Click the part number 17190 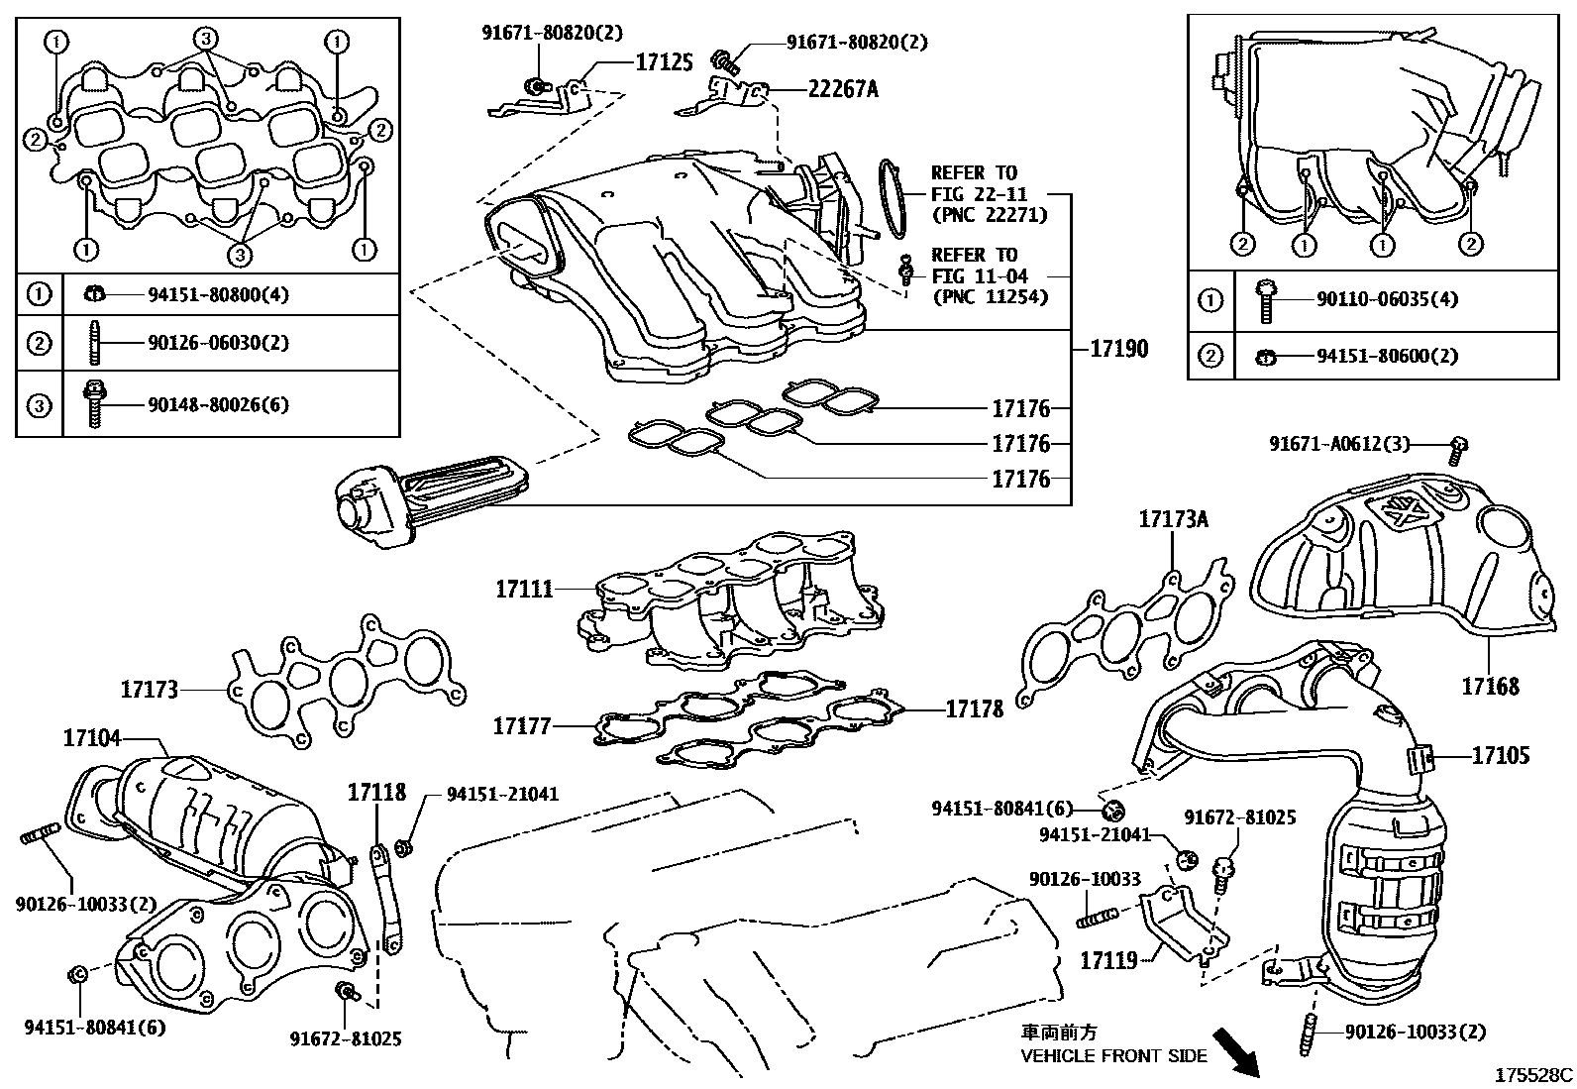[x=1119, y=349]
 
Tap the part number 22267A [x=842, y=89]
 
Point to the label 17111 [x=524, y=590]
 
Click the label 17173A [x=1174, y=518]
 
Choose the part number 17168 [x=1490, y=686]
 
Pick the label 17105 [x=1500, y=756]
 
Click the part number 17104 [x=92, y=737]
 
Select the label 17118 [x=376, y=792]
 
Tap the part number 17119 [x=1107, y=960]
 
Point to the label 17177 [x=522, y=727]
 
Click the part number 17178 [x=974, y=708]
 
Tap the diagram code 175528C [x=1534, y=1074]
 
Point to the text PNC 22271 [x=989, y=215]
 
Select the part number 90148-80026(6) [x=218, y=404]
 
